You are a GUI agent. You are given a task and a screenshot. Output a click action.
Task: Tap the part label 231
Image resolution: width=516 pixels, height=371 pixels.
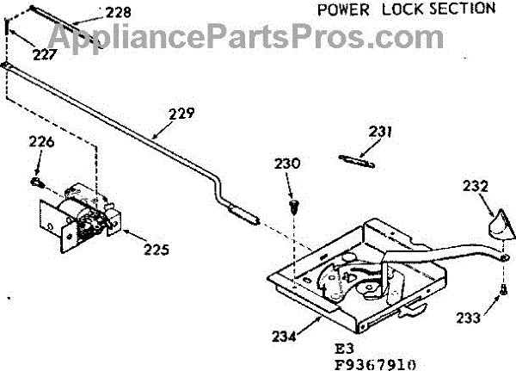pos(381,133)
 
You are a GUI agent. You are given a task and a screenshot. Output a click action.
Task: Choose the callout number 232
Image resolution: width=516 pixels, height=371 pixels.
pos(476,184)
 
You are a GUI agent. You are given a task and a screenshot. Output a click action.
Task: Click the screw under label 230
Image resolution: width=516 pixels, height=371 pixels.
pos(294,206)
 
